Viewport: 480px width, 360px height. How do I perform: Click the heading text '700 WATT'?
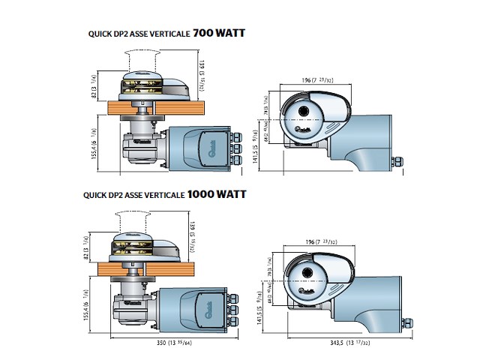coord(219,33)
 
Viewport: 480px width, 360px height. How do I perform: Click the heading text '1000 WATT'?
coord(218,193)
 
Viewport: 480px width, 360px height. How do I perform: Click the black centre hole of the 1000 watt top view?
coord(304,272)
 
